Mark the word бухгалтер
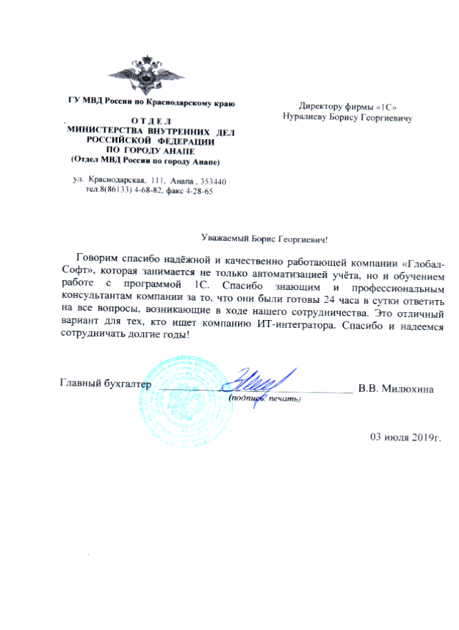[x=128, y=384]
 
